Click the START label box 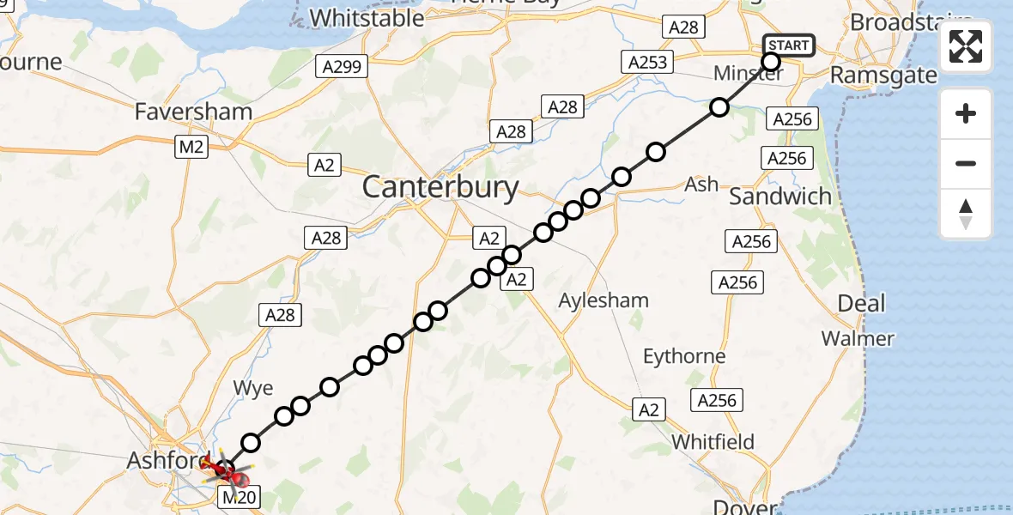pyautogui.click(x=788, y=45)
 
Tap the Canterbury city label pyautogui.click(x=440, y=187)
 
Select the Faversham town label pyautogui.click(x=193, y=112)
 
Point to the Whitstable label pyautogui.click(x=367, y=17)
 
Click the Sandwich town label pyautogui.click(x=780, y=196)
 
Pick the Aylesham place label pyautogui.click(x=604, y=300)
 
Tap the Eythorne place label pyautogui.click(x=684, y=355)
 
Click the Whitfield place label pyautogui.click(x=713, y=442)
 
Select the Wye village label pyautogui.click(x=253, y=388)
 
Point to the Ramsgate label pyautogui.click(x=883, y=76)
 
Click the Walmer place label pyautogui.click(x=858, y=338)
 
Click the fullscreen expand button pyautogui.click(x=966, y=46)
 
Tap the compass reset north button pyautogui.click(x=966, y=214)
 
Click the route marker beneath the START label pyautogui.click(x=770, y=62)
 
